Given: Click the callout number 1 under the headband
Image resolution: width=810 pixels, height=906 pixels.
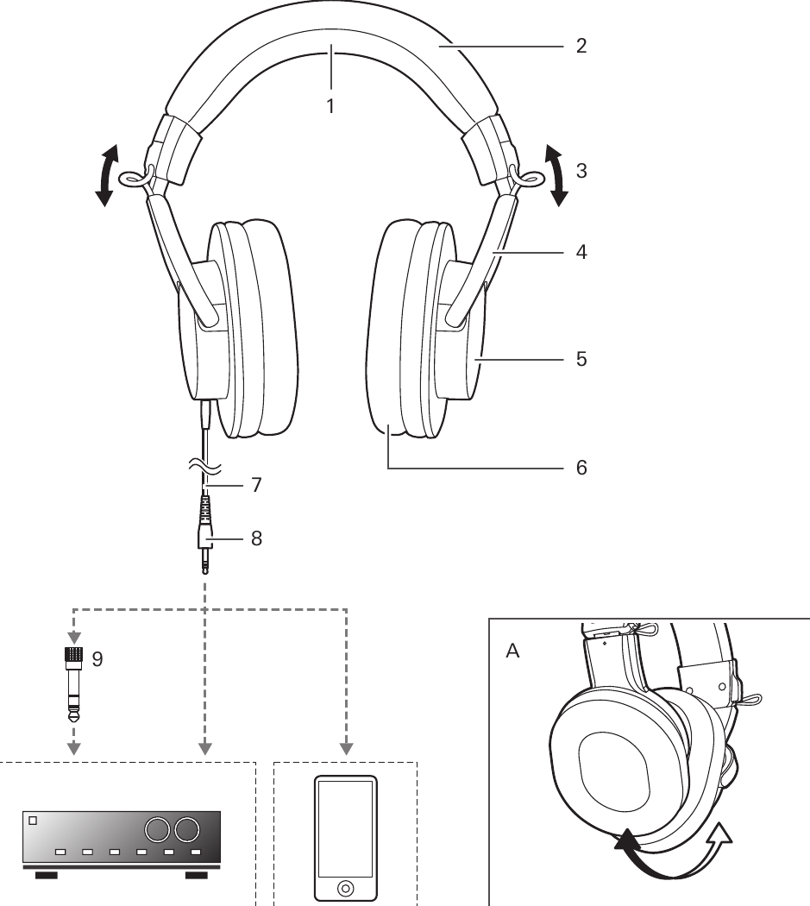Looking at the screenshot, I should (x=330, y=107).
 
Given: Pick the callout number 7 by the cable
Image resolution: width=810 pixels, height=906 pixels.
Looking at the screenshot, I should (x=255, y=485).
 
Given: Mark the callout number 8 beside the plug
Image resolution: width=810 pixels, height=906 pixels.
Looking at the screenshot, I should (x=255, y=538).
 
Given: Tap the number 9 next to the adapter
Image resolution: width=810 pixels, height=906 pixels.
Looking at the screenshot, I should (x=97, y=658).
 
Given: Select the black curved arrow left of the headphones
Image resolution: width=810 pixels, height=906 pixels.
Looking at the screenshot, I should (x=106, y=176).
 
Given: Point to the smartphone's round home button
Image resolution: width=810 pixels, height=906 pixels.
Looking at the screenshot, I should (x=345, y=887).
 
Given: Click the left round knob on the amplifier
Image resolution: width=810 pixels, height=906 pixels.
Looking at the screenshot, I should (x=157, y=830).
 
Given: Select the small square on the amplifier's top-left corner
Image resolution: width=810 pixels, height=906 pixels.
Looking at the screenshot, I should (x=34, y=821).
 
